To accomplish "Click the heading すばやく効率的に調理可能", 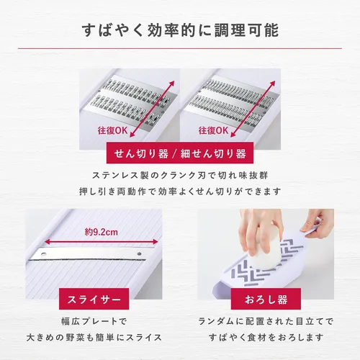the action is (180, 30).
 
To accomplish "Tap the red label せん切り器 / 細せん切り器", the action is (180, 153).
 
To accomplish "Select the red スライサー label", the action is (94, 299).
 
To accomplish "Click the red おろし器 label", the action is (266, 299).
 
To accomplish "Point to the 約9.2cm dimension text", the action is (102, 232).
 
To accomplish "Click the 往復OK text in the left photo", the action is (112, 130).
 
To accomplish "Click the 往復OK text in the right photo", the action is (213, 130).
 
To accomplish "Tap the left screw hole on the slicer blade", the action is (44, 253).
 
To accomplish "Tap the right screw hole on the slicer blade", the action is (139, 253).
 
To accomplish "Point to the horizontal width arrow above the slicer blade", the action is (102, 242).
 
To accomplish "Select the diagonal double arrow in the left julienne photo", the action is (152, 109).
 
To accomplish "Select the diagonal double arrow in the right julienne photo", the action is (253, 109).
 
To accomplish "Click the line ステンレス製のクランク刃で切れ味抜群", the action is (180, 176).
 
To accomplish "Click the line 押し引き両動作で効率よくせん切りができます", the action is (180, 192).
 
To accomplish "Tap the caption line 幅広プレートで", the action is (94, 321).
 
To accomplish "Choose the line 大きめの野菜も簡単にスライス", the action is (94, 338).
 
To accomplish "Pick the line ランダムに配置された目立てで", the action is (266, 321).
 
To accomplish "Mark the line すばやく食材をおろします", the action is (266, 338).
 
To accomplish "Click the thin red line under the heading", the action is (180, 48).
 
